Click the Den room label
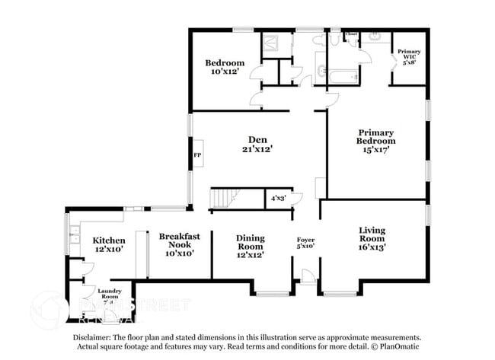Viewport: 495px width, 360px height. tap(255, 144)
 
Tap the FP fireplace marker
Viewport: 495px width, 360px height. tap(197, 155)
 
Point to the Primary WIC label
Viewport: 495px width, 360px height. tap(410, 57)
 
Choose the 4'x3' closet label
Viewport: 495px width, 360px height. tap(279, 198)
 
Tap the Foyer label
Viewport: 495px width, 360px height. tap(305, 244)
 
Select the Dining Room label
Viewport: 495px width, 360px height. tap(250, 246)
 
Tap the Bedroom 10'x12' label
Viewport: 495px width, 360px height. tap(225, 67)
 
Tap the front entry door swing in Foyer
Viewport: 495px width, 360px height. tap(308, 276)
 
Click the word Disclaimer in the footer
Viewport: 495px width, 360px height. tap(94, 336)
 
